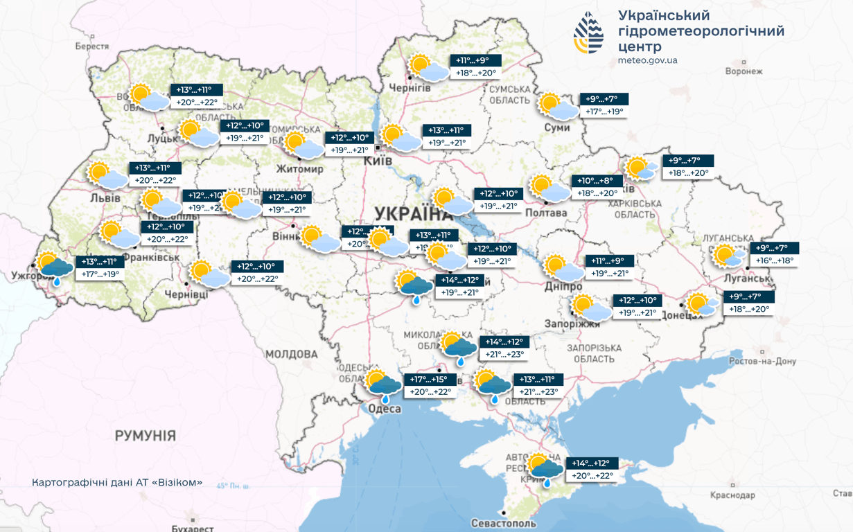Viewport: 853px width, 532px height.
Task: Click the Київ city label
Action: click(378, 161)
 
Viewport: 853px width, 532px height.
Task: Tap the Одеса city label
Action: click(384, 409)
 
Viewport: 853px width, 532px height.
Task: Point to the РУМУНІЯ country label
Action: click(145, 436)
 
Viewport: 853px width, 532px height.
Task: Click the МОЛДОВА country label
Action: click(292, 354)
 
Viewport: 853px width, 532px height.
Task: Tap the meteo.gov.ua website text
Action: click(647, 60)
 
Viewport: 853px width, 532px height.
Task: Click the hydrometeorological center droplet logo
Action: click(588, 33)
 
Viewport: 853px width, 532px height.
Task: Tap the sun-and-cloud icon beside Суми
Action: click(558, 106)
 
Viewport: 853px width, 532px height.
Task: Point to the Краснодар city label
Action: click(732, 495)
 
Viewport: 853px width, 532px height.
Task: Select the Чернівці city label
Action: click(186, 294)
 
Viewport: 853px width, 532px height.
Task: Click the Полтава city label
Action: click(547, 213)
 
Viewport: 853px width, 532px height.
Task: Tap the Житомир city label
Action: click(299, 169)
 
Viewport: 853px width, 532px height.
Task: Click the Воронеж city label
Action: click(744, 71)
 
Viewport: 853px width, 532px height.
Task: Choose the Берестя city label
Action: click(92, 46)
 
